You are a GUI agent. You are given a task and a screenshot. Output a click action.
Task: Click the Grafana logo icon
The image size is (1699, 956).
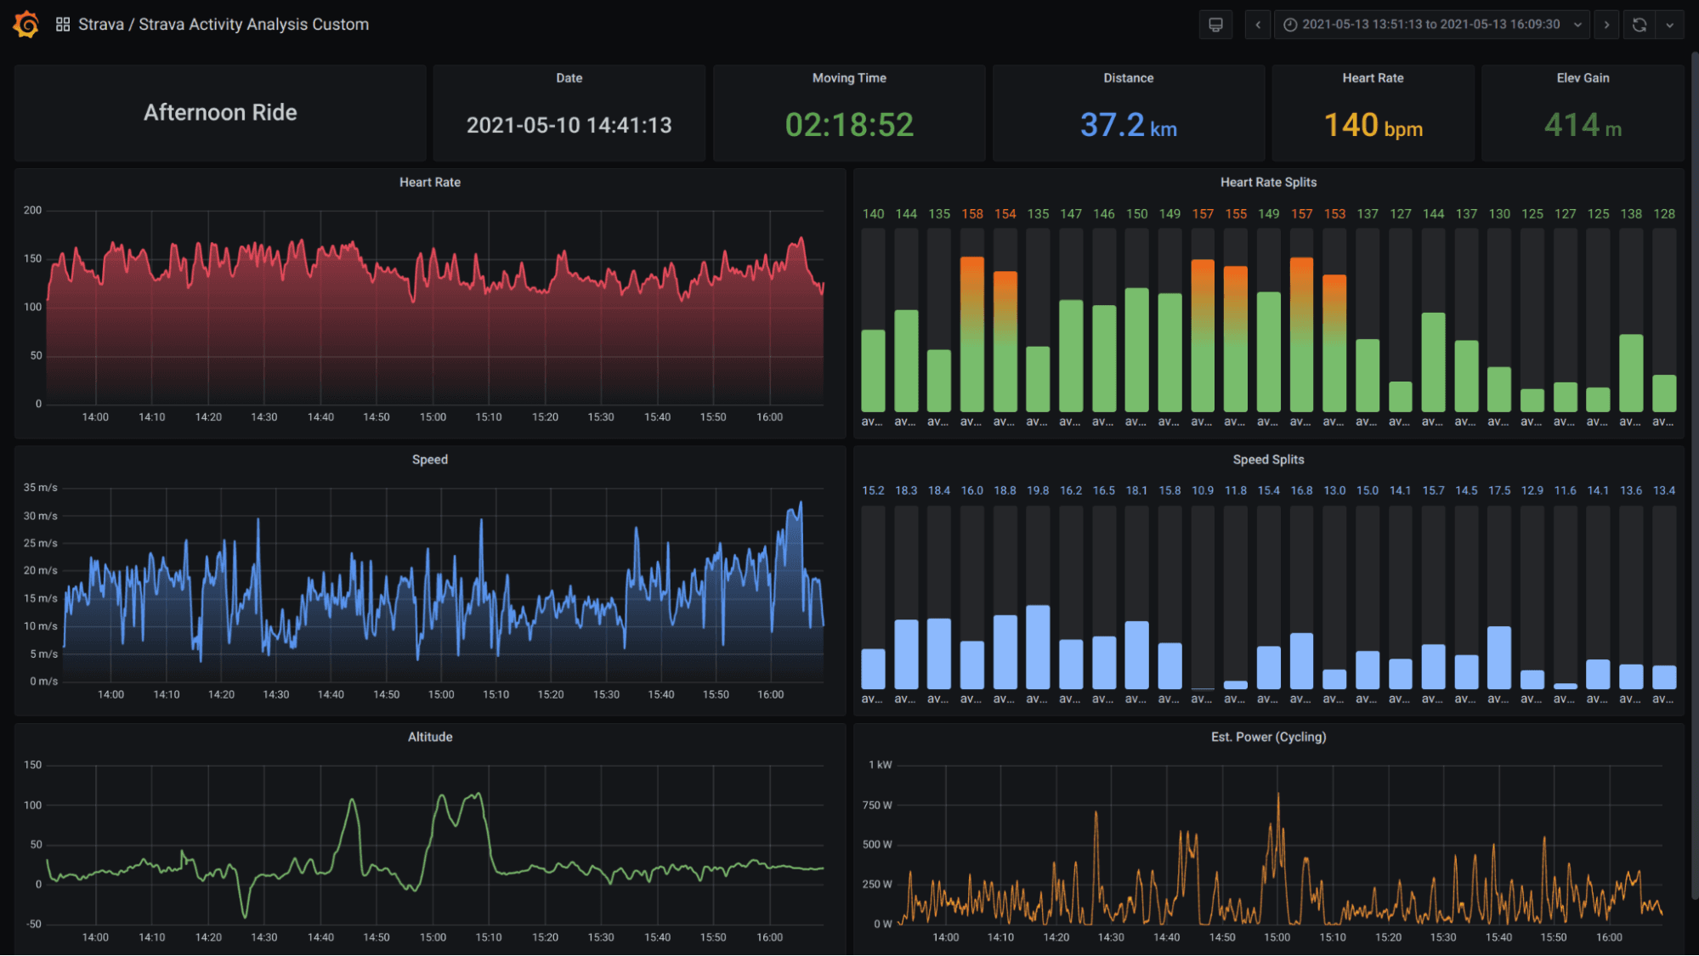click(x=26, y=25)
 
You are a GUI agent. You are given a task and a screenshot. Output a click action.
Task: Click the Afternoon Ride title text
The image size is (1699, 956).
click(x=220, y=112)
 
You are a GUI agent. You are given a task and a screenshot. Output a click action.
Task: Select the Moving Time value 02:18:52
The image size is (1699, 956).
click(x=848, y=125)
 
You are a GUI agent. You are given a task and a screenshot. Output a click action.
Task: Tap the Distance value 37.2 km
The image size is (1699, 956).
click(x=1128, y=126)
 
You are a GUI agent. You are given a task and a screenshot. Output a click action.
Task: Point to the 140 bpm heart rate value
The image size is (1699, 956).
click(x=1373, y=126)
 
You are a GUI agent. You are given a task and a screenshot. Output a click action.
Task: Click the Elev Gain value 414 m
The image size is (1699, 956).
click(x=1582, y=126)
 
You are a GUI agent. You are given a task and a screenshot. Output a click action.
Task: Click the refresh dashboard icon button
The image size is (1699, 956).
click(x=1640, y=25)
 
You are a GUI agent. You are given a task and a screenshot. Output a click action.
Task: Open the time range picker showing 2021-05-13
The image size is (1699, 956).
click(x=1430, y=25)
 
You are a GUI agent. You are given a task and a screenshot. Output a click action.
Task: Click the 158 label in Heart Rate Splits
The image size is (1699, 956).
click(x=971, y=214)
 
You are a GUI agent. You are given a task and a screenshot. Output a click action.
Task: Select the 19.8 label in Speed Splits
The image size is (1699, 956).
click(x=1037, y=491)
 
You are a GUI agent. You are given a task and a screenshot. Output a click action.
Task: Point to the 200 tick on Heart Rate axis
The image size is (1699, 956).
click(x=32, y=210)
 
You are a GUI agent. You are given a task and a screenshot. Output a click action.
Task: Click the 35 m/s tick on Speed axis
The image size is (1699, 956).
click(x=40, y=488)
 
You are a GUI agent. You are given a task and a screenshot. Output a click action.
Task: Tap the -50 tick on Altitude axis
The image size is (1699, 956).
click(x=33, y=924)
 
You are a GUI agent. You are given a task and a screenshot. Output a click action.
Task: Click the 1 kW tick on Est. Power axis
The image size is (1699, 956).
click(x=880, y=765)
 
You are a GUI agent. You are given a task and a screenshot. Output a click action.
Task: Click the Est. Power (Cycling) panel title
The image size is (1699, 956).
click(x=1267, y=737)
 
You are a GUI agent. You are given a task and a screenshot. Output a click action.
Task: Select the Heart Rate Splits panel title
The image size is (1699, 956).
click(x=1267, y=182)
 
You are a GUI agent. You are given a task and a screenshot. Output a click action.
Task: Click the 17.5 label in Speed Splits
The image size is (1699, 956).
click(x=1498, y=491)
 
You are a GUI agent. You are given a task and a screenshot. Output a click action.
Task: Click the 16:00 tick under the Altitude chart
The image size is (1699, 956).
click(x=769, y=937)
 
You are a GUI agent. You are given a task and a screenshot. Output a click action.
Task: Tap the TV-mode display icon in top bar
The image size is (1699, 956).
click(x=1215, y=25)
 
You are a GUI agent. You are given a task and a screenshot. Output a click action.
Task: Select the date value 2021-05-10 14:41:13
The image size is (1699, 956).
click(x=569, y=126)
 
